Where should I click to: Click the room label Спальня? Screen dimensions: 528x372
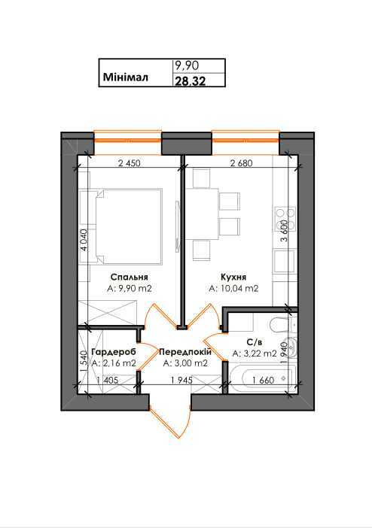[x=122, y=276]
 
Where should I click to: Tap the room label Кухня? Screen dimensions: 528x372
[x=233, y=276]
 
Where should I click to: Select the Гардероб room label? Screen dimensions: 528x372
[x=113, y=352]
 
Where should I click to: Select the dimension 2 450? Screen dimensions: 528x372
[x=130, y=162]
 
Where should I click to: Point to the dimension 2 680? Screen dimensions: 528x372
[x=239, y=162]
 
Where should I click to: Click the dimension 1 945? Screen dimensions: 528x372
[x=181, y=380]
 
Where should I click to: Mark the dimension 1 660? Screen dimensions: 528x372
[x=264, y=380]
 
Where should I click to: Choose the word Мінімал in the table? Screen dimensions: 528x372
[x=124, y=77]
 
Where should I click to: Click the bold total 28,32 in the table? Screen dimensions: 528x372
[x=188, y=78]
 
